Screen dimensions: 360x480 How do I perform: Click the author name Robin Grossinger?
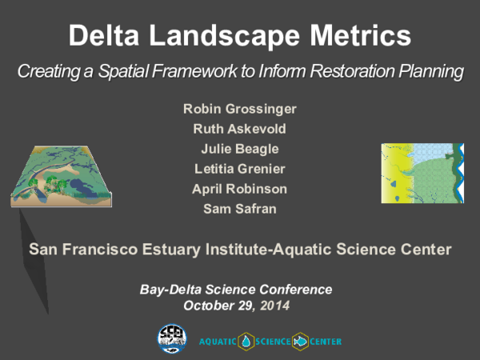click(x=239, y=108)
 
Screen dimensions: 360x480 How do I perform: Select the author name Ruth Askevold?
click(x=239, y=128)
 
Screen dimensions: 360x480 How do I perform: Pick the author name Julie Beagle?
click(x=239, y=148)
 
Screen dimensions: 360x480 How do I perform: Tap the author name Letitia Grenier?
click(x=239, y=169)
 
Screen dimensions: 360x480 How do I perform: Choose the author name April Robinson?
click(x=239, y=189)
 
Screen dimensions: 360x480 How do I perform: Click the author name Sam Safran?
click(x=239, y=210)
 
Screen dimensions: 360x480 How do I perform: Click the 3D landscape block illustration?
click(x=62, y=175)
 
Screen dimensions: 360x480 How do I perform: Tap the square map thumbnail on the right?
click(x=422, y=174)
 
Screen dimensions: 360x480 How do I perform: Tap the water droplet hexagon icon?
click(x=246, y=341)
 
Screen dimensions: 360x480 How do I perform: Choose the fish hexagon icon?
click(x=301, y=341)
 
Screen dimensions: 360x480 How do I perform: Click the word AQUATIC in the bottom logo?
click(x=218, y=342)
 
